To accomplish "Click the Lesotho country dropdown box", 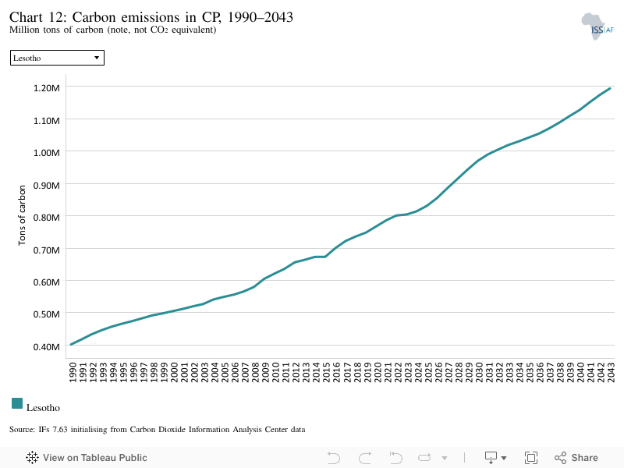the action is point(57,58).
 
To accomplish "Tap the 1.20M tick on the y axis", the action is point(47,88).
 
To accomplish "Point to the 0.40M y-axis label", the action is point(47,347).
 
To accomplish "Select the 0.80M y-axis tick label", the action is point(47,218).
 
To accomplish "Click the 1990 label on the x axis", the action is point(73,372).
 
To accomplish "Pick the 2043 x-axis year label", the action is point(611,372).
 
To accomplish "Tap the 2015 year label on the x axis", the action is point(326,372).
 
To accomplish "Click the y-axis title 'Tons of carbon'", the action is point(22,215).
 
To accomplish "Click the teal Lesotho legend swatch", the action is point(17,403).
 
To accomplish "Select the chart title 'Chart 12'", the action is point(37,17).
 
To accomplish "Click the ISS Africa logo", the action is point(597,27).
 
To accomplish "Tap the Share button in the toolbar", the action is point(576,458).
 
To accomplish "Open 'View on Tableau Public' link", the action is point(87,458).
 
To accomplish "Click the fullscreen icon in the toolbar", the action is point(531,458).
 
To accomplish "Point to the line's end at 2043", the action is point(610,88).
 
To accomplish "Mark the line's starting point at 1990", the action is point(71,345).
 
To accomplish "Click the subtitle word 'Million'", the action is point(25,30).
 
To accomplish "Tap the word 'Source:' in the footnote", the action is point(23,430).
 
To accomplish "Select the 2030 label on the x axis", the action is point(479,372).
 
